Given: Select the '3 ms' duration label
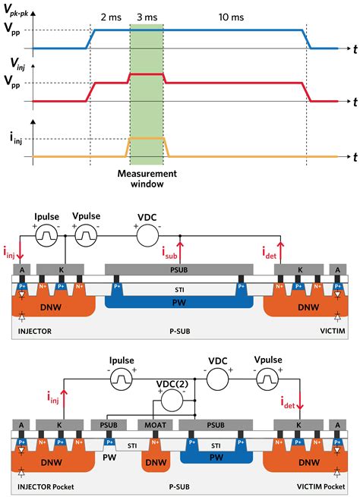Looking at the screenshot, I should tap(147, 16).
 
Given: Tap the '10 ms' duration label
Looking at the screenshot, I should tap(231, 16).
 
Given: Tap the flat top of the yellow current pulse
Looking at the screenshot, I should tap(147, 140).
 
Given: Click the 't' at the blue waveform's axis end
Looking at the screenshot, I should tap(354, 49).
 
